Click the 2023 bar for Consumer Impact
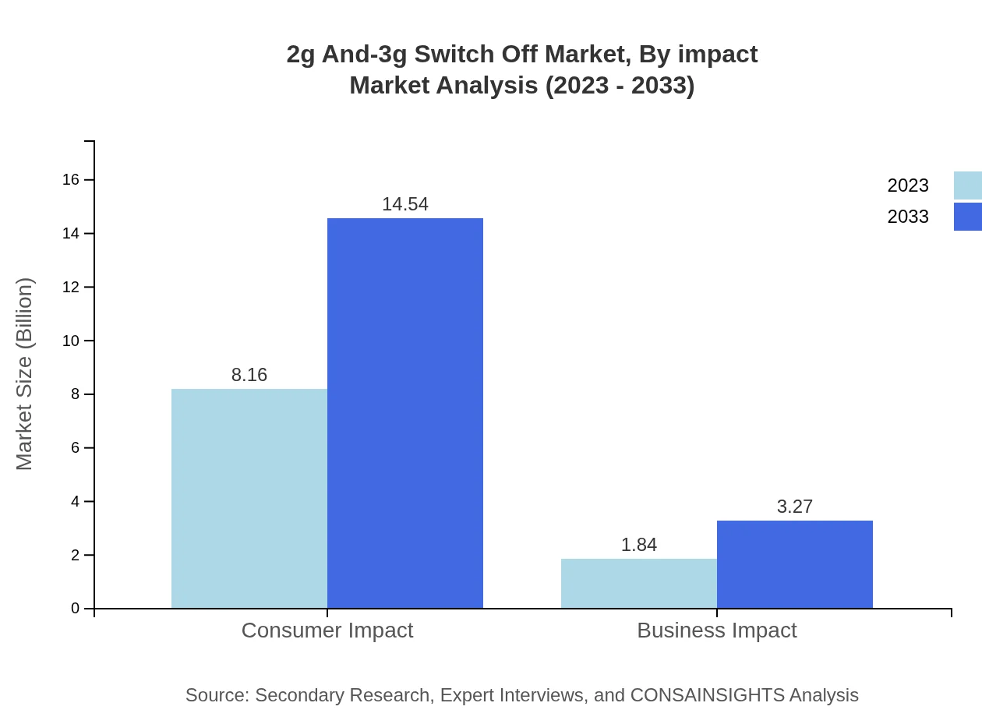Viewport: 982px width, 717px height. tap(249, 498)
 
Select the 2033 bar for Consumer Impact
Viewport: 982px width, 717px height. tap(405, 413)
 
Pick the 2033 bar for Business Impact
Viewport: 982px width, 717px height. tap(795, 564)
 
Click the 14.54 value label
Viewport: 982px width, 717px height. tap(405, 204)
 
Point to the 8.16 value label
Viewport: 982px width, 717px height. tap(249, 375)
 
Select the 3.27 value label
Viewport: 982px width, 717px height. tap(795, 507)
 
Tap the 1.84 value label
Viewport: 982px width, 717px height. tap(639, 545)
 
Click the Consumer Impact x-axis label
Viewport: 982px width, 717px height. tap(327, 630)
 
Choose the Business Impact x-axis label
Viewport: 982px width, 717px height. tap(717, 630)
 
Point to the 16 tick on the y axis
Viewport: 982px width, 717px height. tap(71, 180)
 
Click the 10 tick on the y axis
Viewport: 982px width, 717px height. tap(71, 341)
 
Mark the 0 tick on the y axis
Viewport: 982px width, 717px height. tap(76, 609)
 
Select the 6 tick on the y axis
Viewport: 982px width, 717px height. tap(76, 448)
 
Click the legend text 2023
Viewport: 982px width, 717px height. tap(908, 185)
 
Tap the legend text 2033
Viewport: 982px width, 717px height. tap(908, 217)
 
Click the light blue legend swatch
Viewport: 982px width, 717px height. tap(968, 185)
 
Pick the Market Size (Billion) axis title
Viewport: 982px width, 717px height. tap(24, 374)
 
